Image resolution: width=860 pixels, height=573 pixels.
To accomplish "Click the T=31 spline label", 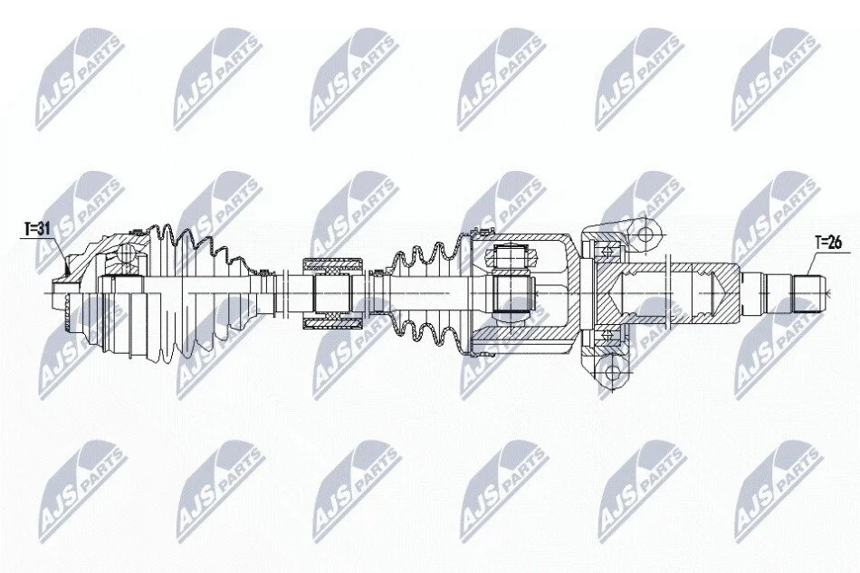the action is pyautogui.click(x=37, y=229).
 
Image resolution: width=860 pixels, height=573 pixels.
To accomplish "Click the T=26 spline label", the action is pyautogui.click(x=827, y=242).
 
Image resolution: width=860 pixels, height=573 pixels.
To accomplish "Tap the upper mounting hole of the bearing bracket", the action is pyautogui.click(x=646, y=234).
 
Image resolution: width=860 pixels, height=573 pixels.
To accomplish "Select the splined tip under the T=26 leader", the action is pyautogui.click(x=809, y=294).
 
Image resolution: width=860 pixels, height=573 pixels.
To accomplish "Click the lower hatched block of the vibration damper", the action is pyautogui.click(x=333, y=322).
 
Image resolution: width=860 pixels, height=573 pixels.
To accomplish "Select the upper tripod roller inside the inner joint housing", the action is pyautogui.click(x=511, y=256).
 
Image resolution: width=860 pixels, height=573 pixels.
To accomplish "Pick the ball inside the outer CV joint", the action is pyautogui.click(x=128, y=253).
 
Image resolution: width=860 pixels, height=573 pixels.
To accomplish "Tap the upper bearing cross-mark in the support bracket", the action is pyautogui.click(x=607, y=251).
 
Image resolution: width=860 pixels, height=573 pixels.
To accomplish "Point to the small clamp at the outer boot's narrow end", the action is pyautogui.click(x=263, y=272).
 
